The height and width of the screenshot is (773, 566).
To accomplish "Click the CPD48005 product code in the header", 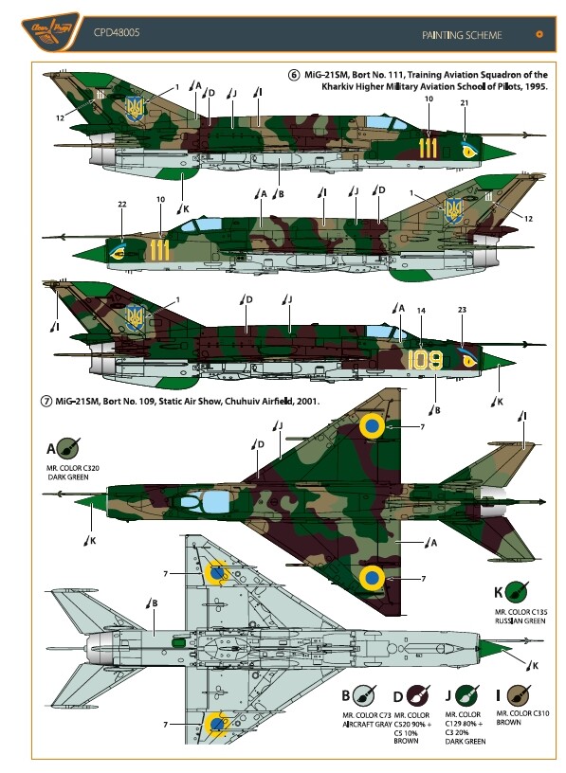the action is pos(117,32).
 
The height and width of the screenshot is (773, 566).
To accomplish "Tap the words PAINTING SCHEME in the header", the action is pos(462,35).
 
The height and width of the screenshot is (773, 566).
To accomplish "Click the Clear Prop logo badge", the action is pos(50,31).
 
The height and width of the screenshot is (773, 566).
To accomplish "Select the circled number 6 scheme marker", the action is pos(294,75).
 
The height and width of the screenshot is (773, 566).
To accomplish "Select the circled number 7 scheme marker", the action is pos(46,402).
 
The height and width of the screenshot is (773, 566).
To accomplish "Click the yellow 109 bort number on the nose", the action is pos(426,360).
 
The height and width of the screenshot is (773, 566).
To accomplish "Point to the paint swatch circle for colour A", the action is pos(67,448).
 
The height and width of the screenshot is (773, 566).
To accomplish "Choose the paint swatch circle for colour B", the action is pos(364,695).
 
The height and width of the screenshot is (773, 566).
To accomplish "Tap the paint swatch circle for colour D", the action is pos(417,696).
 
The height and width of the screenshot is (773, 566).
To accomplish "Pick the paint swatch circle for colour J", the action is pos(466,695).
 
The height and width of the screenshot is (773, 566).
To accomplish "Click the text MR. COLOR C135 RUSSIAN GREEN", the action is pos(520,617).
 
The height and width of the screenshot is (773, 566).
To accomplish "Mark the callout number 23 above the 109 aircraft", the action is pos(462,310).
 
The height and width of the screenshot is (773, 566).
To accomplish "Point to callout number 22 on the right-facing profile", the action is pos(122,204).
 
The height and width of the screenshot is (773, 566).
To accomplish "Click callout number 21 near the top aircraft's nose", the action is pos(465,102).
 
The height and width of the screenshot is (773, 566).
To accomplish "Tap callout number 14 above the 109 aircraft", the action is pos(421,311).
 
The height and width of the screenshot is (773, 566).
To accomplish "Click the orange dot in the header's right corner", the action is pos(539,34).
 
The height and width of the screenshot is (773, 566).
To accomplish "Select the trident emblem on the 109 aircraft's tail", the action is pos(135,317).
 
